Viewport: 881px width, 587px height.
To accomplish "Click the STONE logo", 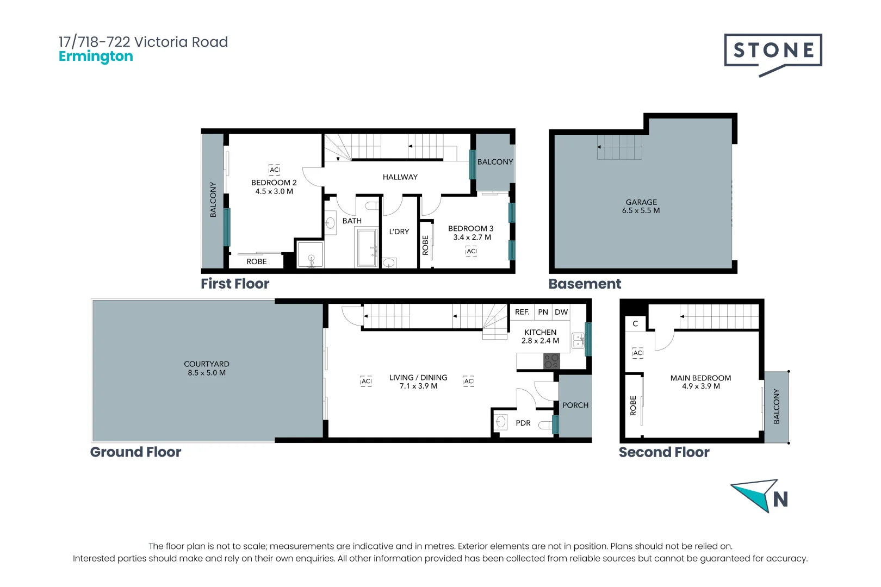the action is (x=773, y=55).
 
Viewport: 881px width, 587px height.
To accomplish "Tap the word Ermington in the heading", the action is (x=96, y=57).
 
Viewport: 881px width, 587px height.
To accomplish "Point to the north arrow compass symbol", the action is (x=760, y=496).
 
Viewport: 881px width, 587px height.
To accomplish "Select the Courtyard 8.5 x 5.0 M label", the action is (x=207, y=369).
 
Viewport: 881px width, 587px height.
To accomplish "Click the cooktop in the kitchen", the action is (x=551, y=361).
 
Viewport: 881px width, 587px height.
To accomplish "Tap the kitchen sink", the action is (x=578, y=340).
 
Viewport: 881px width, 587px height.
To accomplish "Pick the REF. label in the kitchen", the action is (x=522, y=312).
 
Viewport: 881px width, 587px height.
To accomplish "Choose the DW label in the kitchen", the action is (x=561, y=312).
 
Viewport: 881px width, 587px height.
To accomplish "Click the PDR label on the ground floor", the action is (x=523, y=423).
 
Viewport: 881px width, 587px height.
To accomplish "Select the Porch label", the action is (x=575, y=405).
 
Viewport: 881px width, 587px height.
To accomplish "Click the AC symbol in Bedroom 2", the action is (x=274, y=170).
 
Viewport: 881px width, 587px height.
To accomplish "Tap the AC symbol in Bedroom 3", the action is (x=471, y=251).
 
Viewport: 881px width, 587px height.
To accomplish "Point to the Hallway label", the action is (x=400, y=177).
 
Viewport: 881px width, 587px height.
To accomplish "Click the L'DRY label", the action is (x=399, y=232).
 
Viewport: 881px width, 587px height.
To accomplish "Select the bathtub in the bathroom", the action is (x=367, y=248).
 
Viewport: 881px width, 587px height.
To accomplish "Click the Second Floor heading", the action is (x=665, y=452).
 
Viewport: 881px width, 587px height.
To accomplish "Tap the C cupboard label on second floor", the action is (x=635, y=324).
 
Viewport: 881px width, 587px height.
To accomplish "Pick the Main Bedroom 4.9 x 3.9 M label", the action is (x=701, y=382).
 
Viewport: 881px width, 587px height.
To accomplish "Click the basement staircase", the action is (x=619, y=147).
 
